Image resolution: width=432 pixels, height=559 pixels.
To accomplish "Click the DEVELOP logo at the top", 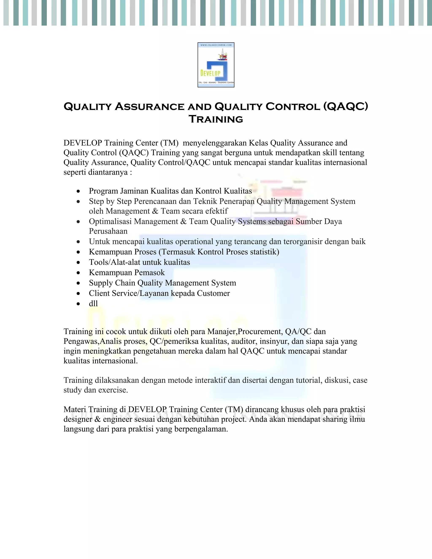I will [x=216, y=65].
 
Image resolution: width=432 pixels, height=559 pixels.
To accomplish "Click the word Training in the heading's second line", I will [x=216, y=119].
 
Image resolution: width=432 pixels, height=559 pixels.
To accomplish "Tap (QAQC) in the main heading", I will [x=346, y=107].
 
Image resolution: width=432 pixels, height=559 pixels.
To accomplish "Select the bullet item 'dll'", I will [x=93, y=304].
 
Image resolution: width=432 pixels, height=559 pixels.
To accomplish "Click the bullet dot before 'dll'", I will [x=78, y=304].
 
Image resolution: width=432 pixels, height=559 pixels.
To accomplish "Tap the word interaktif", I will [x=210, y=380].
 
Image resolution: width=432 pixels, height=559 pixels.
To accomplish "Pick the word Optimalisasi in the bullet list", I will [x=110, y=221].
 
